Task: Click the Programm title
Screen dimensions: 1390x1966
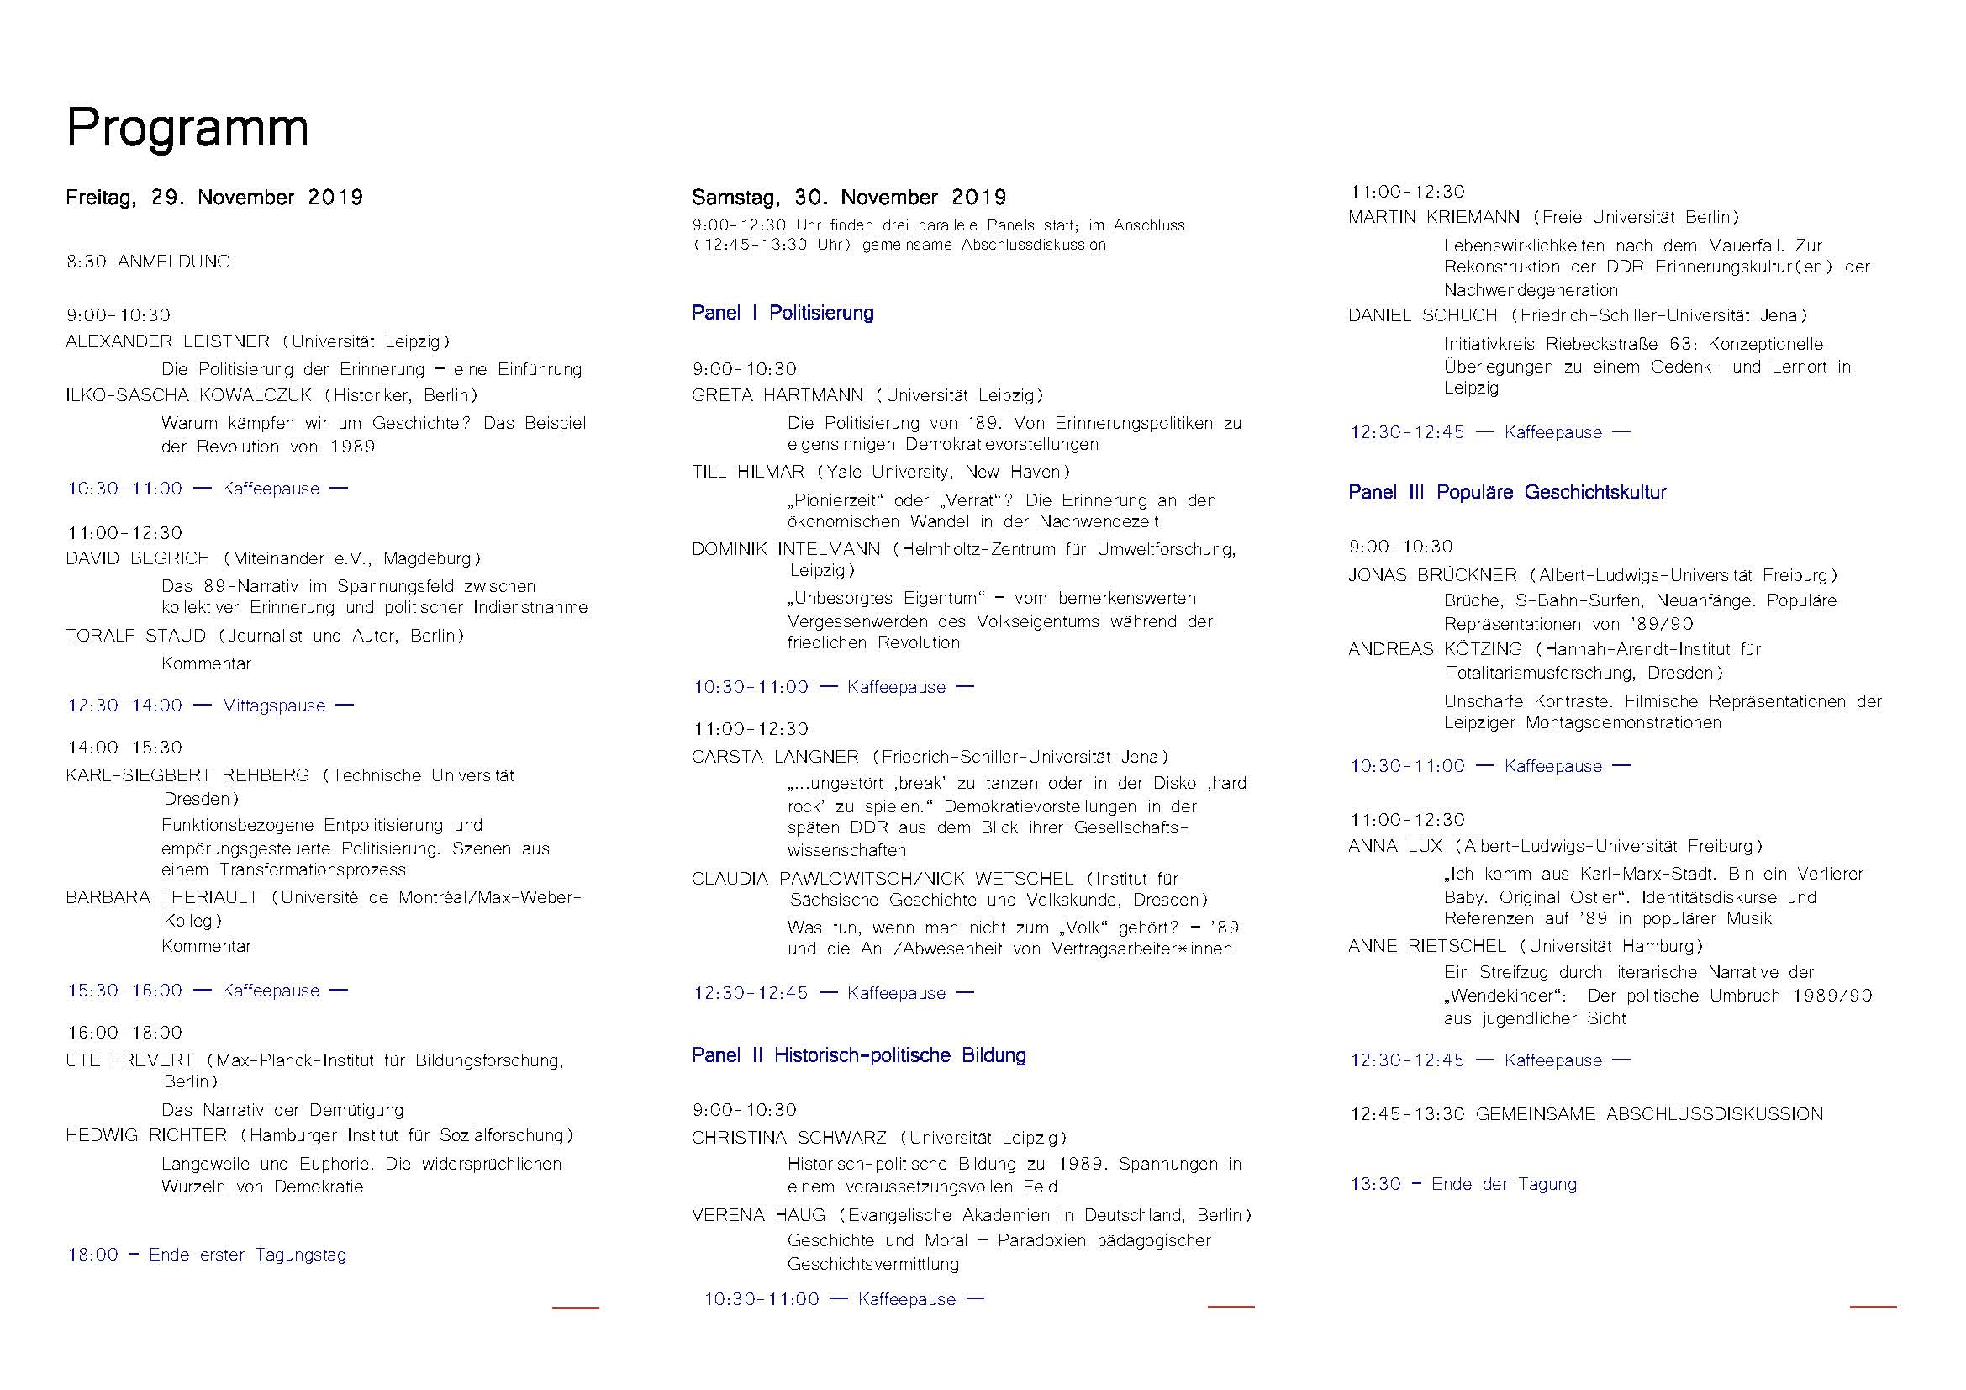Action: pyautogui.click(x=187, y=129)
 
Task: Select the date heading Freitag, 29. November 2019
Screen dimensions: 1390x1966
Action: pyautogui.click(x=214, y=198)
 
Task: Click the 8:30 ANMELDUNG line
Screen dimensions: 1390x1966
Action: pyautogui.click(x=148, y=262)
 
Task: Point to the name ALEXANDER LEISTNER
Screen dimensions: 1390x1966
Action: pyautogui.click(x=168, y=341)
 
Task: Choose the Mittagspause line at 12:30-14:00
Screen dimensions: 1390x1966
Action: pyautogui.click(x=210, y=706)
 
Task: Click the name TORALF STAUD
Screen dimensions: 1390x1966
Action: pyautogui.click(x=136, y=636)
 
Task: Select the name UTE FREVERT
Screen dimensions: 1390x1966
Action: pyautogui.click(x=130, y=1060)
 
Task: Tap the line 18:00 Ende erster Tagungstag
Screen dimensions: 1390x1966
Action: pyautogui.click(x=208, y=1255)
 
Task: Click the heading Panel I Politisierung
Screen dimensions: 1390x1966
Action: pyautogui.click(x=783, y=313)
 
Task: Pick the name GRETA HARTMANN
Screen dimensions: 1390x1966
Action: pyautogui.click(x=777, y=396)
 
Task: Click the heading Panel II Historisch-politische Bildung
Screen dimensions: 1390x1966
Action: pyautogui.click(x=859, y=1055)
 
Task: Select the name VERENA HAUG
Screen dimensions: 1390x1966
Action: pyautogui.click(x=759, y=1215)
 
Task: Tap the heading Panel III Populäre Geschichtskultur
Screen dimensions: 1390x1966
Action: pyautogui.click(x=1507, y=493)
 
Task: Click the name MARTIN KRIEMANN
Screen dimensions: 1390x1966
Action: pyautogui.click(x=1434, y=218)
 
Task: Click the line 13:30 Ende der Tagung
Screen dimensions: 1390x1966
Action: pyautogui.click(x=1463, y=1185)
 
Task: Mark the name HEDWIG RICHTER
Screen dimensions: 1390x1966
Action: pyautogui.click(x=146, y=1136)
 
